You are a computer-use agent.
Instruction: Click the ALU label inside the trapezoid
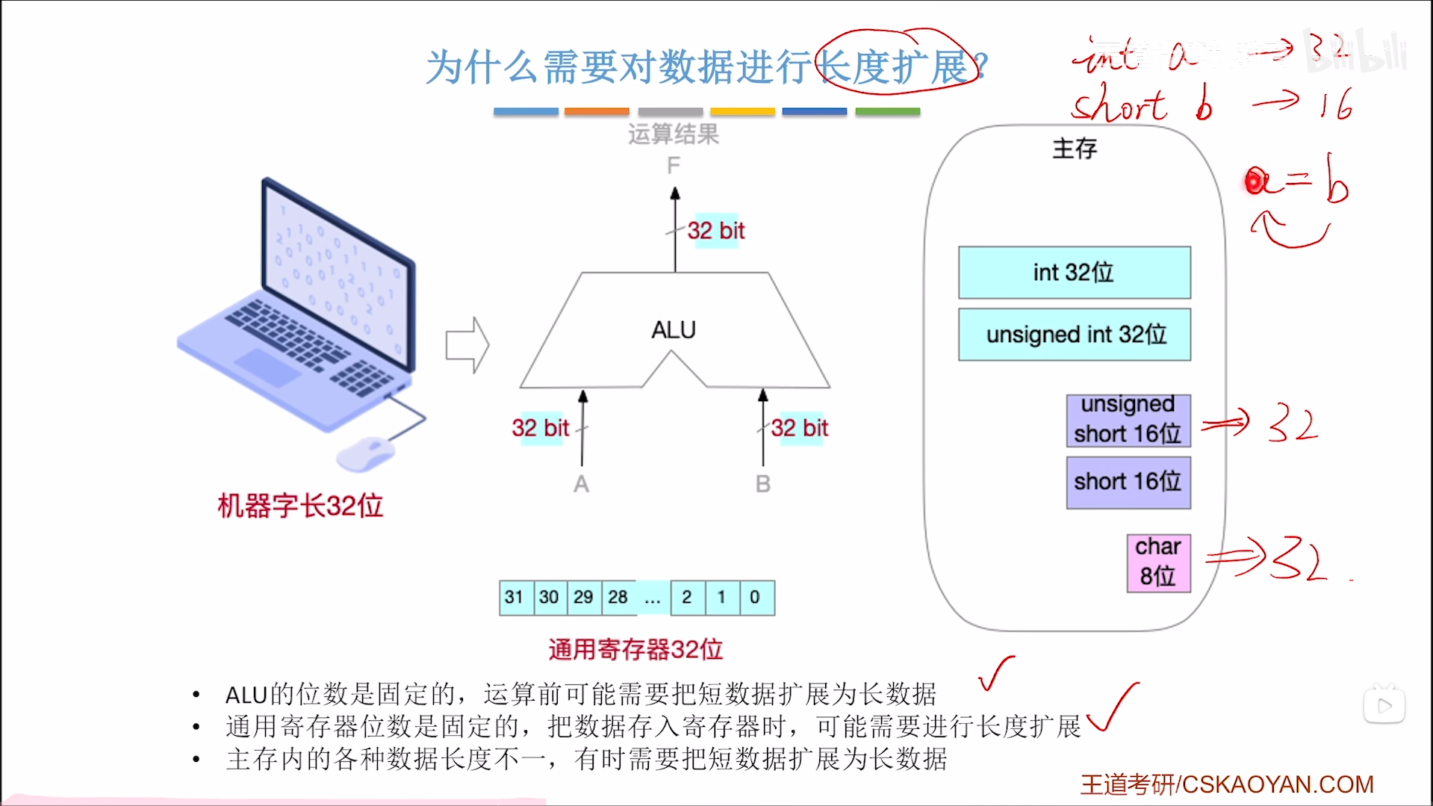click(x=673, y=330)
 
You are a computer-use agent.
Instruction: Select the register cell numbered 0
click(x=756, y=598)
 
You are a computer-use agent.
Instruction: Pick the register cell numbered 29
click(x=583, y=598)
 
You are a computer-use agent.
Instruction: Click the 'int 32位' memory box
click(x=1074, y=273)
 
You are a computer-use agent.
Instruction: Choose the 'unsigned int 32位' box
click(x=1074, y=335)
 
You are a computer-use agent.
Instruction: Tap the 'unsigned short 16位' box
click(x=1128, y=421)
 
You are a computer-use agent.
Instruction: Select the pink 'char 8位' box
click(x=1158, y=562)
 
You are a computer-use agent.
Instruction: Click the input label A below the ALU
click(x=581, y=485)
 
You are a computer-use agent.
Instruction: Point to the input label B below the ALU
click(x=762, y=485)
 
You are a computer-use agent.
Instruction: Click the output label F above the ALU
click(x=674, y=165)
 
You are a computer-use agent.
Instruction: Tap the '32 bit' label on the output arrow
click(x=715, y=231)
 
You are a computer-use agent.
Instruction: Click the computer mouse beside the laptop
click(x=365, y=454)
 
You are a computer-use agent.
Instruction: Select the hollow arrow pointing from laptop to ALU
click(x=467, y=345)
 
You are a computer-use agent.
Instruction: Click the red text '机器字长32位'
click(x=300, y=506)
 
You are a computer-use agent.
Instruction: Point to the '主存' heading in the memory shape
click(x=1075, y=149)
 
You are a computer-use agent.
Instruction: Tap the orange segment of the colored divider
click(x=597, y=111)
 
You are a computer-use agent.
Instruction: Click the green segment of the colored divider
click(x=887, y=111)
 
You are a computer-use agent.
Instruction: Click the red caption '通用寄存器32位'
click(x=635, y=650)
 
